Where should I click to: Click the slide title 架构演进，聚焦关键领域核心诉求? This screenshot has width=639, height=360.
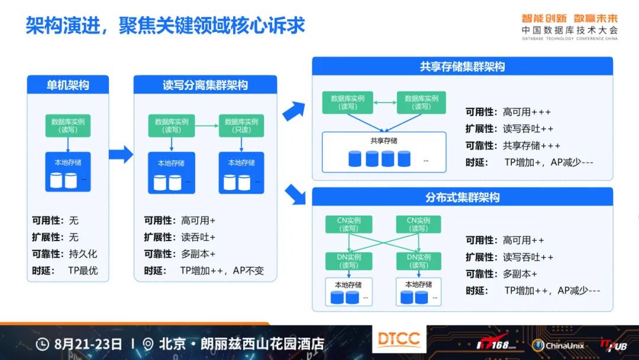165,25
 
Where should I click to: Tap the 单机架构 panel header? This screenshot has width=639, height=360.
68,85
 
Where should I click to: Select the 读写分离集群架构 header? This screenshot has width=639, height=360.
205,85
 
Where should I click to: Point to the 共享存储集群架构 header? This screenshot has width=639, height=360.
462,67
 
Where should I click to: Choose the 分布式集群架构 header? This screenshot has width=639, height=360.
462,198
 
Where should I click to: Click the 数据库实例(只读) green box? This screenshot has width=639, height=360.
241,126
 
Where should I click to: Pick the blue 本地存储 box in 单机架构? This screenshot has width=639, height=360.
68,172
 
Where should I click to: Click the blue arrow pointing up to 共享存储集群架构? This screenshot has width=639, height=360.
293,111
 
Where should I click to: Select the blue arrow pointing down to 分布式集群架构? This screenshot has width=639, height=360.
293,194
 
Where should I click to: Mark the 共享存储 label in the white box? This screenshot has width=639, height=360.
384,141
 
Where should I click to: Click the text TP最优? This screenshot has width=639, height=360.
83,271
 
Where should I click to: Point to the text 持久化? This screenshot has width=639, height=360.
83,254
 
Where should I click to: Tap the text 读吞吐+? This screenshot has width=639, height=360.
198,237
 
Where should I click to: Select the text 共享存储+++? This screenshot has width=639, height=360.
531,146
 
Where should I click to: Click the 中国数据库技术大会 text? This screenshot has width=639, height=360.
569,30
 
